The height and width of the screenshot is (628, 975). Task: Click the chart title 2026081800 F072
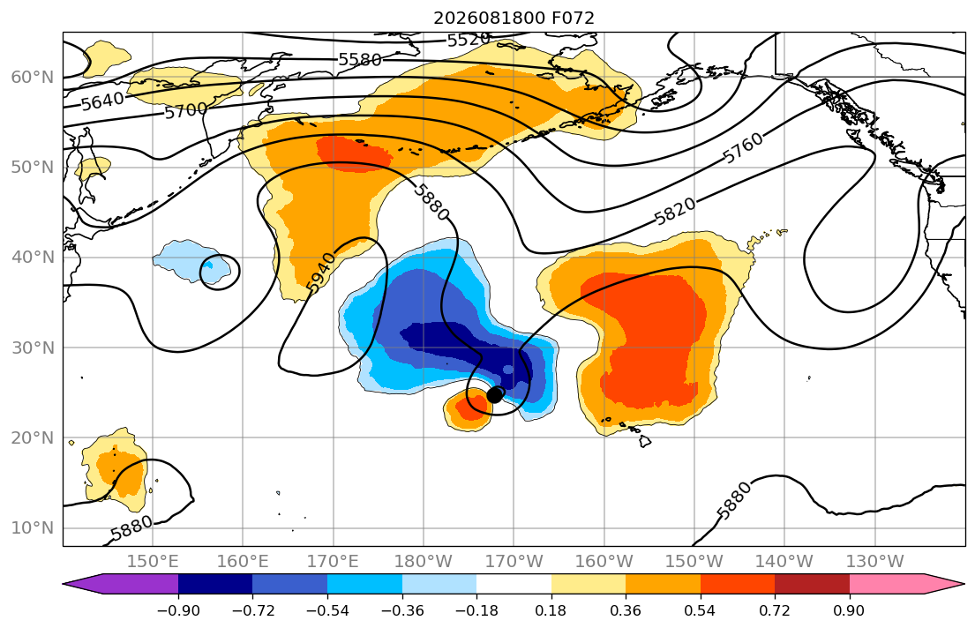pyautogui.click(x=514, y=18)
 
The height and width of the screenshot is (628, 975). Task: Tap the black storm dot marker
pyautogui.click(x=494, y=395)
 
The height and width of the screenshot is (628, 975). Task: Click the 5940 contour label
pyautogui.click(x=321, y=273)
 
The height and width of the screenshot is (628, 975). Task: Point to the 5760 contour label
pyautogui.click(x=743, y=148)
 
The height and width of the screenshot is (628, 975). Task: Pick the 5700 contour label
pyautogui.click(x=186, y=111)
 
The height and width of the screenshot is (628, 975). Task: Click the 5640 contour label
pyautogui.click(x=102, y=101)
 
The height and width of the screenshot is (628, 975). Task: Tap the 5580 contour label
pyautogui.click(x=360, y=60)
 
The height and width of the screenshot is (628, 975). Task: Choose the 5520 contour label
pyautogui.click(x=469, y=40)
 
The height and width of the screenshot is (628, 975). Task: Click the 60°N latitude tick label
pyautogui.click(x=33, y=77)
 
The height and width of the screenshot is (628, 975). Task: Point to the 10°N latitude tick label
pyautogui.click(x=33, y=528)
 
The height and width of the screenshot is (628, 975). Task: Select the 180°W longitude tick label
pyautogui.click(x=424, y=562)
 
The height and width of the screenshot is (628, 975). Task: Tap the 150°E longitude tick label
pyautogui.click(x=153, y=562)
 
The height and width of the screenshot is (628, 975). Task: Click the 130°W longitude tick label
pyautogui.click(x=875, y=562)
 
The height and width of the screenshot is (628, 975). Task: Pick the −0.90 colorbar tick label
pyautogui.click(x=178, y=610)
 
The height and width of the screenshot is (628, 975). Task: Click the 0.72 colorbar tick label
pyautogui.click(x=775, y=610)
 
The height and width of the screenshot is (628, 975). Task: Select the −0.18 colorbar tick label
pyautogui.click(x=476, y=610)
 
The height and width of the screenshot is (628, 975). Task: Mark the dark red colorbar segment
pyautogui.click(x=812, y=584)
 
